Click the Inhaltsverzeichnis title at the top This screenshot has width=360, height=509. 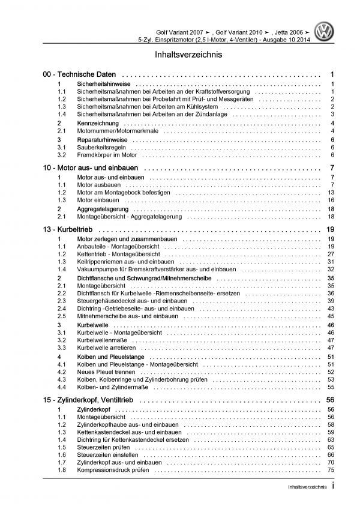tap(180, 55)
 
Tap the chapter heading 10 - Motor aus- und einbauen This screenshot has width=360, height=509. tap(98, 166)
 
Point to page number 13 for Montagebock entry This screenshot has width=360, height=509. tap(331, 192)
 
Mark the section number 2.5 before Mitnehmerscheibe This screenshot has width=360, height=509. tap(61, 316)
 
